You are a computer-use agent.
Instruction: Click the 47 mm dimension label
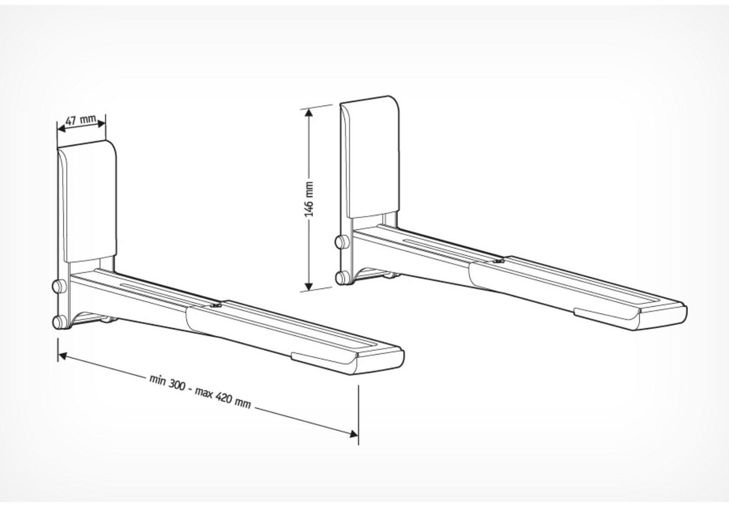point(81,121)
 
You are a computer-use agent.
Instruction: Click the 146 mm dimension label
point(309,198)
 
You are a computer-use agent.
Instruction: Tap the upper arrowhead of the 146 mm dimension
point(309,112)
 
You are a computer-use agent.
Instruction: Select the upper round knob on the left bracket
point(57,286)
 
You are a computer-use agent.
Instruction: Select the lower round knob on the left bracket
point(57,322)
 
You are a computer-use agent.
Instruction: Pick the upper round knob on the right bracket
point(339,241)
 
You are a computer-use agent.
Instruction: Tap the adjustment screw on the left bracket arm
point(215,306)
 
